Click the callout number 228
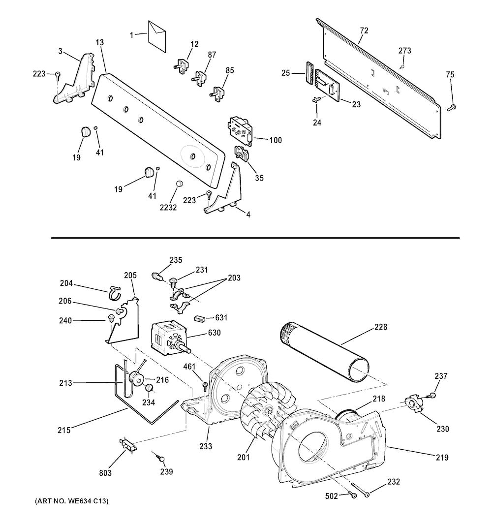tap(380, 327)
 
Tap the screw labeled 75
tap(452, 107)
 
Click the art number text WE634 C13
tap(72, 501)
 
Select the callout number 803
tap(105, 473)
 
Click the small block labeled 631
tap(199, 318)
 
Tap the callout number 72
tap(364, 31)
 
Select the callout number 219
tap(441, 458)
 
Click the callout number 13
tap(100, 43)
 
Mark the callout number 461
tap(189, 367)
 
